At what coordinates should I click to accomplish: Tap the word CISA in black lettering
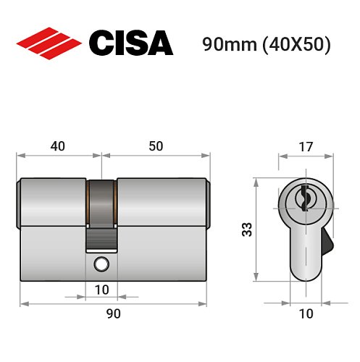[131, 43]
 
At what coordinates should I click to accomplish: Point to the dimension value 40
[59, 146]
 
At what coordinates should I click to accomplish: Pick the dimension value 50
[155, 146]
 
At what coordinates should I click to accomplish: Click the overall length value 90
[113, 313]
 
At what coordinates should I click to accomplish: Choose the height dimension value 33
[247, 231]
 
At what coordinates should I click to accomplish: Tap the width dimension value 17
[305, 146]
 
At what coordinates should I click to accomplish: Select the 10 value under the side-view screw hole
[101, 290]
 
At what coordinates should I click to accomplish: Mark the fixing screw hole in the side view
[101, 264]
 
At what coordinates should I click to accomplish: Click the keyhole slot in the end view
[305, 195]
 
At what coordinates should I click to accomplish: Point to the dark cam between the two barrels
[101, 210]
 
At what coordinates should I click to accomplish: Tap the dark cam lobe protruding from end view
[327, 241]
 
